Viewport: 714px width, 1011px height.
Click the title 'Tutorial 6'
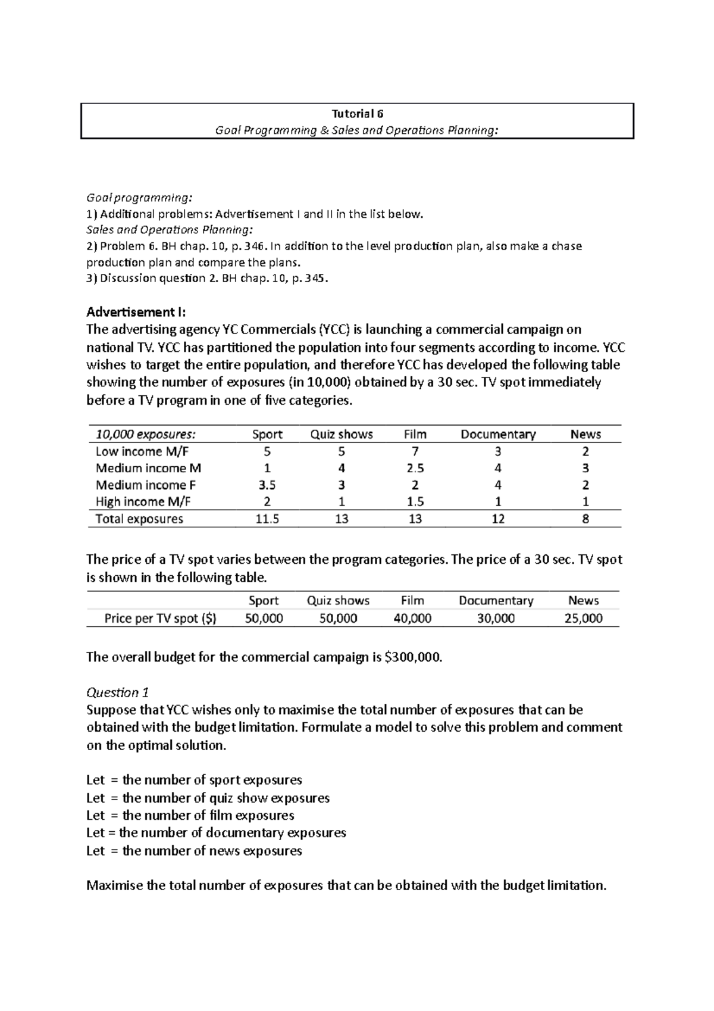click(357, 114)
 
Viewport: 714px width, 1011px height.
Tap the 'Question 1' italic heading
click(117, 692)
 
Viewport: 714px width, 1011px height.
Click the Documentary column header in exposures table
click(498, 434)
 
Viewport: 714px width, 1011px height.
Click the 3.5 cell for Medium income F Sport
click(267, 485)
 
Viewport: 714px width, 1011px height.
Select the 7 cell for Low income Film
click(415, 451)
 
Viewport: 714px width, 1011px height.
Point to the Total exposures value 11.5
click(267, 519)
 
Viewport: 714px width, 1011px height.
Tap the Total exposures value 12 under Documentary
click(498, 519)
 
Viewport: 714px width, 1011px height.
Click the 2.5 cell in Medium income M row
click(415, 468)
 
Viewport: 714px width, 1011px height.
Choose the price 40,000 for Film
click(412, 618)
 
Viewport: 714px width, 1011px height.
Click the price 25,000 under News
click(583, 618)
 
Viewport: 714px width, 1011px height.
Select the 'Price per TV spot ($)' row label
click(160, 618)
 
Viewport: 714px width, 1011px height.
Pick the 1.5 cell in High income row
click(415, 501)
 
